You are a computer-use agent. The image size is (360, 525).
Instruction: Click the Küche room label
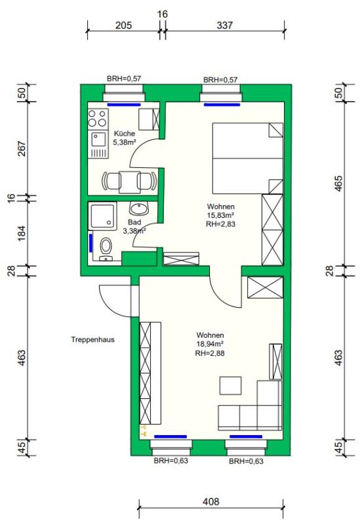coord(124,133)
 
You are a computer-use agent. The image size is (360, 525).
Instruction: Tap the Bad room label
coord(134,222)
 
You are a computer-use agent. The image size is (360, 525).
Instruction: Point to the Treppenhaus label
coord(92,339)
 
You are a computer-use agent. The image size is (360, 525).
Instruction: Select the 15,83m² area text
coord(220,215)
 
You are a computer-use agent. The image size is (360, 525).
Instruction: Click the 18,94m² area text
coord(210,344)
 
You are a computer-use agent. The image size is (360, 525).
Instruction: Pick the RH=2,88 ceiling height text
coord(210,353)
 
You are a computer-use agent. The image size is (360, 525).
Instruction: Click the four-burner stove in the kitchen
coord(98,119)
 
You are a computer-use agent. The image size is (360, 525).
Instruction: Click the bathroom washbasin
coord(139,209)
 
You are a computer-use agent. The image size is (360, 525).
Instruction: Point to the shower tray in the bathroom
coord(102,216)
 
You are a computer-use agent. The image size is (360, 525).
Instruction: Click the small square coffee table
coord(230,385)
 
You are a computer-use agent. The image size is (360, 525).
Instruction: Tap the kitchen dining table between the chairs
coord(129,182)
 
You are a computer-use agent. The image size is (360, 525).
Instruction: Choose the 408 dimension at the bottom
coord(211,501)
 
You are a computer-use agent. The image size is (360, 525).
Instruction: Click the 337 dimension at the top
coord(224,25)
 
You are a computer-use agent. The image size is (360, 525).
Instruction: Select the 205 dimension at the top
coord(123,25)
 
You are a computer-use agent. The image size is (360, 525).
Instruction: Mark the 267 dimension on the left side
coord(22,149)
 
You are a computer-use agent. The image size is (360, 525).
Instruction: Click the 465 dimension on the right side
coord(338,183)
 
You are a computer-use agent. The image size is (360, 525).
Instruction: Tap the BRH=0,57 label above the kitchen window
coord(124,79)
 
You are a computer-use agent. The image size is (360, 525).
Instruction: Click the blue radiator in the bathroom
coord(90,243)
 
